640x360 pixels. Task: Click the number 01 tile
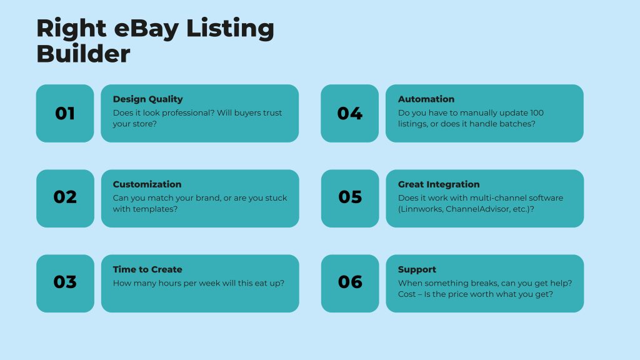65,114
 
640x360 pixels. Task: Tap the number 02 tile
65,198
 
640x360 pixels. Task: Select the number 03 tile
65,284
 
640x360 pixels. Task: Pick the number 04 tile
350,114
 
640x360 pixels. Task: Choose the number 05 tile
350,198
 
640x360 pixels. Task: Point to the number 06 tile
350,284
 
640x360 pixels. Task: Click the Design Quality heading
147,99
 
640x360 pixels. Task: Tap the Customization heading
147,184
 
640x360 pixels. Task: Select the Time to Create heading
147,269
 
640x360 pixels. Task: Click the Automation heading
426,99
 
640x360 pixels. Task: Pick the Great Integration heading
439,184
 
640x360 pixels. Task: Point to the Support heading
417,270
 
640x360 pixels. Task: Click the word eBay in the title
146,29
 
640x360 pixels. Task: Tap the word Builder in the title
83,54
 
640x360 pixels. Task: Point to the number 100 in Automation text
537,112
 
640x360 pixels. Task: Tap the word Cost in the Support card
407,294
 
